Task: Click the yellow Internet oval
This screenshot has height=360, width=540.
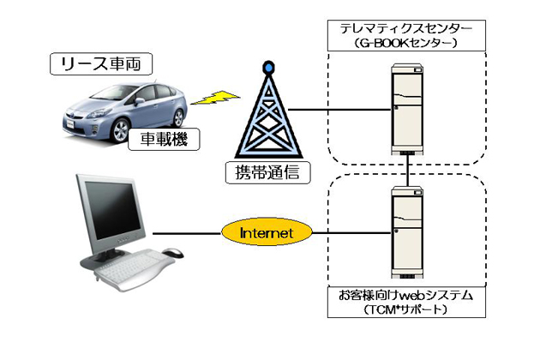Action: coord(267,232)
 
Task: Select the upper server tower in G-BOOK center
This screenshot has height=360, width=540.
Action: coord(407,108)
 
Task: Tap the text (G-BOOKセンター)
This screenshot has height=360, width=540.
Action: coord(407,43)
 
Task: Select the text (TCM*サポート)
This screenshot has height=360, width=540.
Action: coord(407,309)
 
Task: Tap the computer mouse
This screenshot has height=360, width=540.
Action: coord(172,252)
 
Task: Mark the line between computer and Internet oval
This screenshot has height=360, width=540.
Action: coord(187,232)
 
